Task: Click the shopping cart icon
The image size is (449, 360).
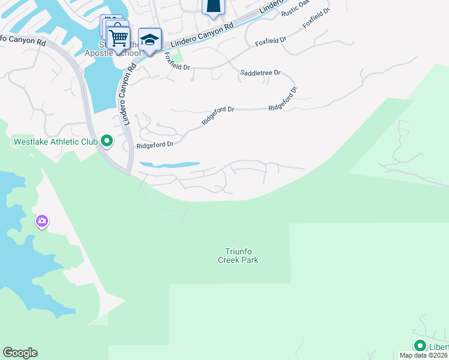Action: (119, 38)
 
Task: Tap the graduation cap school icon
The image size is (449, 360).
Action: (149, 40)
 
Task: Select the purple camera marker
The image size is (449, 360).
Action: (41, 221)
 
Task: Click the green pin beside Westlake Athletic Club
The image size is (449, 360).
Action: (107, 142)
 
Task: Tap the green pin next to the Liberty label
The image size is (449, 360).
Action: (420, 346)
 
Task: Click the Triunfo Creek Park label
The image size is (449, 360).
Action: (238, 256)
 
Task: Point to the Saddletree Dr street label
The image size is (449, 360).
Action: (261, 73)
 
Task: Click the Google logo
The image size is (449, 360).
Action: (20, 353)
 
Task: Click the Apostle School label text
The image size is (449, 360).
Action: (113, 53)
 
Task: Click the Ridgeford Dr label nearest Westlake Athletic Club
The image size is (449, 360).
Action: (155, 145)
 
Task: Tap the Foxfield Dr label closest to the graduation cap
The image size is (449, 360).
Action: (176, 62)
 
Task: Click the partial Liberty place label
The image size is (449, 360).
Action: (438, 347)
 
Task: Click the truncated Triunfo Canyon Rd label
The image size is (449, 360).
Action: (23, 41)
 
